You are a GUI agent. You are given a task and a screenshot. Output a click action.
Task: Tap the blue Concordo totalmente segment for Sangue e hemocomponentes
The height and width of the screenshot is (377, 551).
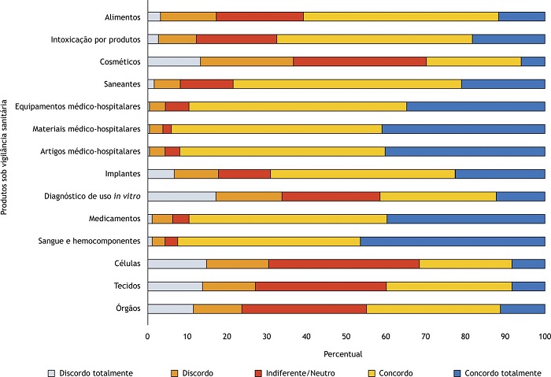tap(452, 241)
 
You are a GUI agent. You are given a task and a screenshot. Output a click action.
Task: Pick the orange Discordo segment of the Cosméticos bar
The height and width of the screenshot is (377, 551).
tap(246, 61)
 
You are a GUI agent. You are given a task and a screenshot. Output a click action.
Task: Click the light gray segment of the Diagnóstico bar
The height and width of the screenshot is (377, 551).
tap(181, 196)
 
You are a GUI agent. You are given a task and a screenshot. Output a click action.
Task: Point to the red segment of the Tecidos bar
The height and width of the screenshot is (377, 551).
tap(320, 286)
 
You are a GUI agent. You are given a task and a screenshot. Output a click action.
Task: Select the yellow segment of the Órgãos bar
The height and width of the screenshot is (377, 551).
tap(433, 309)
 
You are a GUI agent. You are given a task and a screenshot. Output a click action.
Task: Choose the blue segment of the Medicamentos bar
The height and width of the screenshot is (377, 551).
tap(465, 219)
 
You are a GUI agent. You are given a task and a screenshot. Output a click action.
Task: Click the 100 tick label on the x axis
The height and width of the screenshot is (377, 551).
tap(544, 336)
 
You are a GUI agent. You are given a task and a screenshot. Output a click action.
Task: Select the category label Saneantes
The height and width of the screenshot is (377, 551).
tap(123, 83)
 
